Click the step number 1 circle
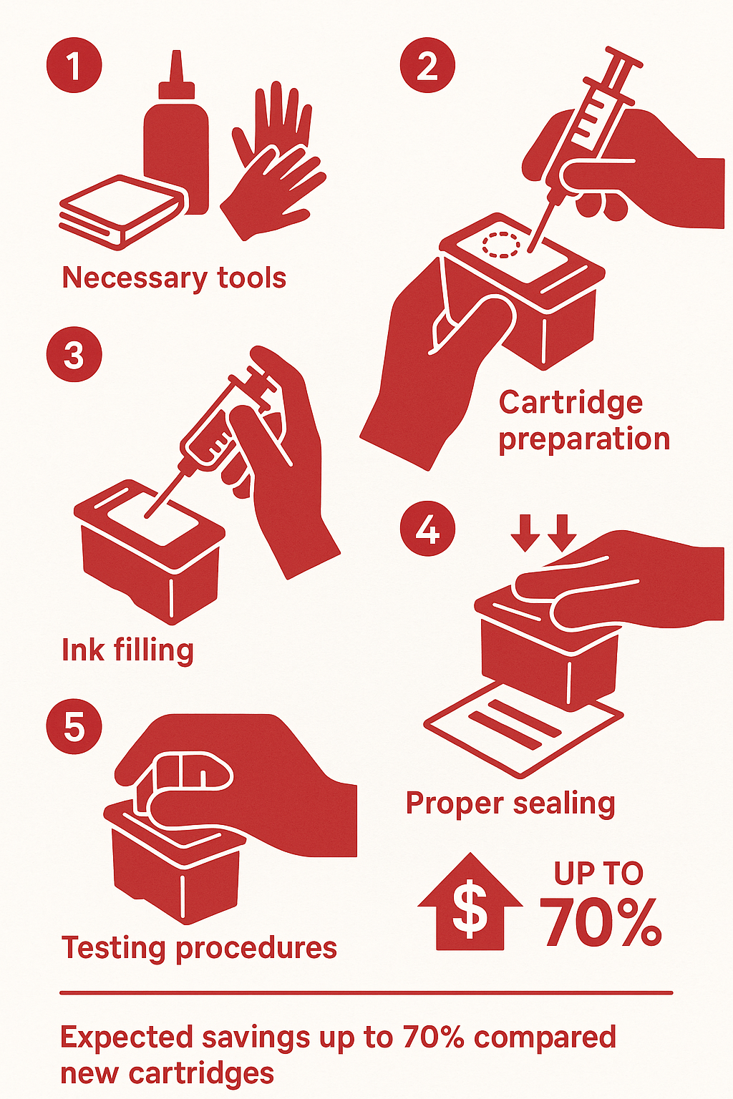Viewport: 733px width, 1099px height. coord(74,65)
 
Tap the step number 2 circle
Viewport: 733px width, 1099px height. coord(427,65)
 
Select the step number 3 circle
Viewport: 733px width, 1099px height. coord(74,354)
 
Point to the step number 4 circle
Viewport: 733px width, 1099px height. coord(427,529)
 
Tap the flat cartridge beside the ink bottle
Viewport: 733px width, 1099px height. coord(122,212)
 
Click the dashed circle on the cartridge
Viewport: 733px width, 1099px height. coord(500,244)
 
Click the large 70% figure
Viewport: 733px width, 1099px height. coord(601,922)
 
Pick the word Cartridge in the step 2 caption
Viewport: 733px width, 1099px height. coord(571,404)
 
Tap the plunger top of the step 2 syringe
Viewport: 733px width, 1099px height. coord(623,57)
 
